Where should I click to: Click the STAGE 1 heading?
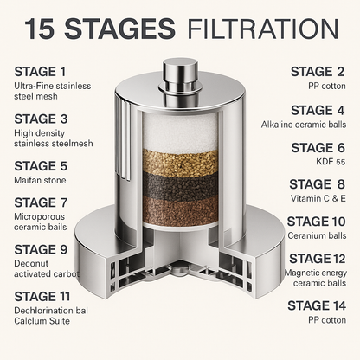coord(40,72)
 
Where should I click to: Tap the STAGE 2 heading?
coord(318,72)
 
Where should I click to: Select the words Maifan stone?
coord(40,180)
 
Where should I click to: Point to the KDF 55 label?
coord(331,162)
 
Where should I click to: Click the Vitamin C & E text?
coord(318,198)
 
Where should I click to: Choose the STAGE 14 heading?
coord(317,305)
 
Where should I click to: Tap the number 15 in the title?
coord(39,29)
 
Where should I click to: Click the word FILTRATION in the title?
coord(263,29)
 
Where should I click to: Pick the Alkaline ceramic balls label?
coord(304,125)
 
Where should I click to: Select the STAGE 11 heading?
coord(42,297)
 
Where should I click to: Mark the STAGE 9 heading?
coord(41,249)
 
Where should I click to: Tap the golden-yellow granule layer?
coord(180,164)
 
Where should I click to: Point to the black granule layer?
coord(181,187)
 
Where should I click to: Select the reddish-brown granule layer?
coord(181,210)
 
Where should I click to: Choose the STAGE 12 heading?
coord(318,259)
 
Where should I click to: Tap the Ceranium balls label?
coord(317,235)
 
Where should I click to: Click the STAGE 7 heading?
coord(41,202)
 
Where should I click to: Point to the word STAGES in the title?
coord(119,29)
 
